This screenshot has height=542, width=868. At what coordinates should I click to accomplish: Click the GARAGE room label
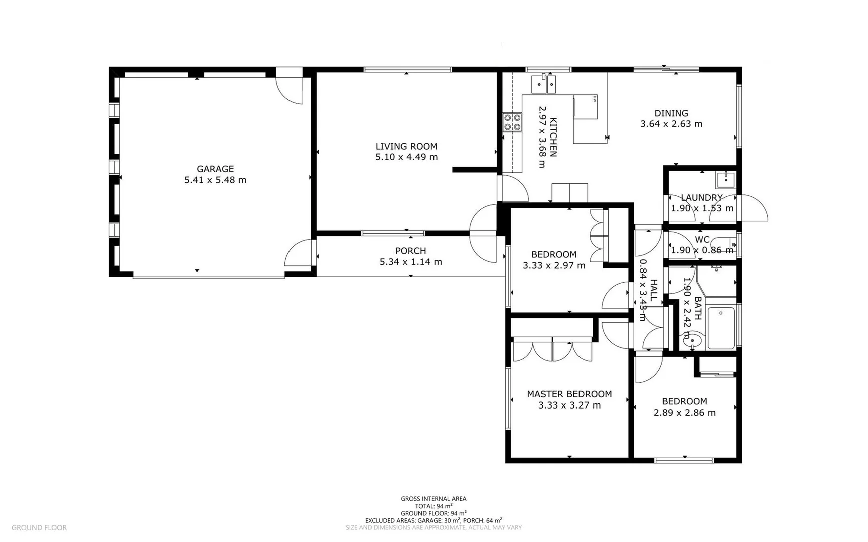215,169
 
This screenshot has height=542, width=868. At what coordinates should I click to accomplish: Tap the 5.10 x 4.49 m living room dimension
406,157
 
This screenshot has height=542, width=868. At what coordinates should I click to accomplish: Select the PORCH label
410,251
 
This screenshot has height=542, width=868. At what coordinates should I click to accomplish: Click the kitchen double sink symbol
544,84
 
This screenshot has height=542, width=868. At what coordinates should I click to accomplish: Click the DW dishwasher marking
595,99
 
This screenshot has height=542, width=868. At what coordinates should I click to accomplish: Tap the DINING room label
671,113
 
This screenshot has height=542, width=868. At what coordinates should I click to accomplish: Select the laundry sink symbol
726,179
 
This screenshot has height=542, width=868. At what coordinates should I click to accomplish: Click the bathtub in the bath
721,328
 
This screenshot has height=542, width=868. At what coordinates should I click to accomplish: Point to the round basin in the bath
692,341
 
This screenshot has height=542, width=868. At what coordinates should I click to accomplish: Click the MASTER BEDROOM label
569,394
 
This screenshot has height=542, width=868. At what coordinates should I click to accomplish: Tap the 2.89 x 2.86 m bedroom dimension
684,413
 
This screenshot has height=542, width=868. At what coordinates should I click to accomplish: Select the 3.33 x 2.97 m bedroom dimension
554,265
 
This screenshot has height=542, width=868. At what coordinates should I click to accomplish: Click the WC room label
702,240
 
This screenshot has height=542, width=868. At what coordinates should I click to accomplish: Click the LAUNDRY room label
701,198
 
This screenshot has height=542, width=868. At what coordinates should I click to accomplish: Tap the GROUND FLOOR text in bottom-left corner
39,527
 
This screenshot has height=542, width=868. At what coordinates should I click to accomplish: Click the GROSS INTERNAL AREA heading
433,499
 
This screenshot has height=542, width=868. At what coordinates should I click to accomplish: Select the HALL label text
653,290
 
